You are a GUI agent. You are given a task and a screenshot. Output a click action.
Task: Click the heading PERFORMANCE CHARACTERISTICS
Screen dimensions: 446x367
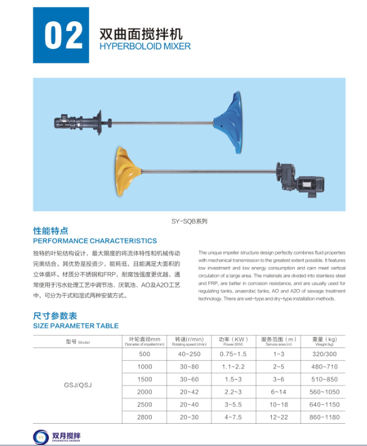[x=95, y=241]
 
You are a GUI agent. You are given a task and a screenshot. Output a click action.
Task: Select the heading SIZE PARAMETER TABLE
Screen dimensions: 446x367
[x=76, y=326]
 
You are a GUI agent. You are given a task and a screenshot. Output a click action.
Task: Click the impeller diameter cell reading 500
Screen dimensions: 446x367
[x=144, y=354]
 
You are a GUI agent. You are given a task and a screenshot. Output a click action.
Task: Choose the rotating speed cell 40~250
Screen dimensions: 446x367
[x=190, y=354]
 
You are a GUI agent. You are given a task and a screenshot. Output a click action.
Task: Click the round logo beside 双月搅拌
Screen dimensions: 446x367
[x=42, y=435]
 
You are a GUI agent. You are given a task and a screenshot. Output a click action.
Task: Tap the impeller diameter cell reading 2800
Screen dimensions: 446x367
[x=144, y=418]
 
